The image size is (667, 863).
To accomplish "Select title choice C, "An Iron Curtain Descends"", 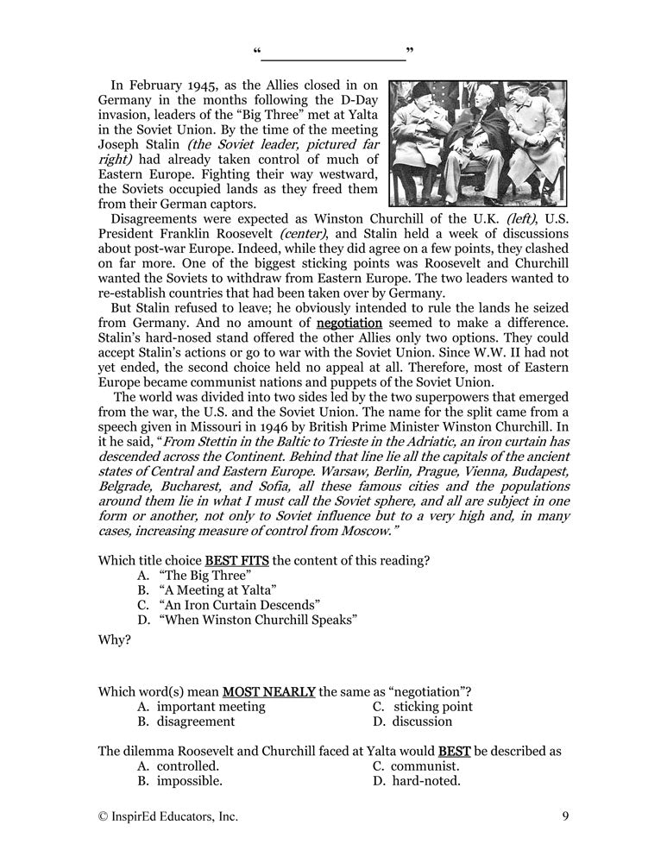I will click(240, 605).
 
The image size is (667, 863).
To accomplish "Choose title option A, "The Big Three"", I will click(205, 575).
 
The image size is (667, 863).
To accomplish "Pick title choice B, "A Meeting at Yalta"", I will click(217, 590).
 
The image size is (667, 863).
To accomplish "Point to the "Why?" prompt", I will click(115, 640).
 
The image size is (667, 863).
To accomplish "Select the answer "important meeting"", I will click(211, 706).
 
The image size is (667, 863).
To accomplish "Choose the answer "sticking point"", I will click(432, 706).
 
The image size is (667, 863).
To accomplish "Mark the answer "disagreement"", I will click(195, 721).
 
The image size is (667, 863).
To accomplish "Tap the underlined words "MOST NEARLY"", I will click(269, 690).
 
